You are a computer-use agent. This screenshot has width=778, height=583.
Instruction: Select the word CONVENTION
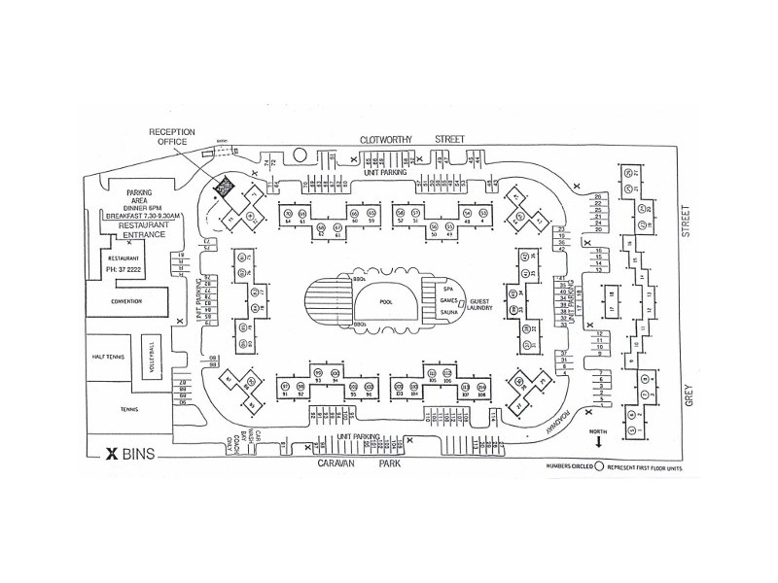pyautogui.click(x=126, y=301)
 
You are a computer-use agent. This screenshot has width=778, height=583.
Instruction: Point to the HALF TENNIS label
pyautogui.click(x=106, y=357)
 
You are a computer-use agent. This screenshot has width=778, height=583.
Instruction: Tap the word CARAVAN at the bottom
pyautogui.click(x=338, y=464)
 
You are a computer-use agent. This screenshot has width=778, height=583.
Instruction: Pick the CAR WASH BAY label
pyautogui.click(x=247, y=442)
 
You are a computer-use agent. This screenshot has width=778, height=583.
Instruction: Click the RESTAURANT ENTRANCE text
pyautogui.click(x=134, y=230)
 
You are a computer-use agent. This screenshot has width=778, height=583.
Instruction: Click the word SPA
pyautogui.click(x=448, y=290)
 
